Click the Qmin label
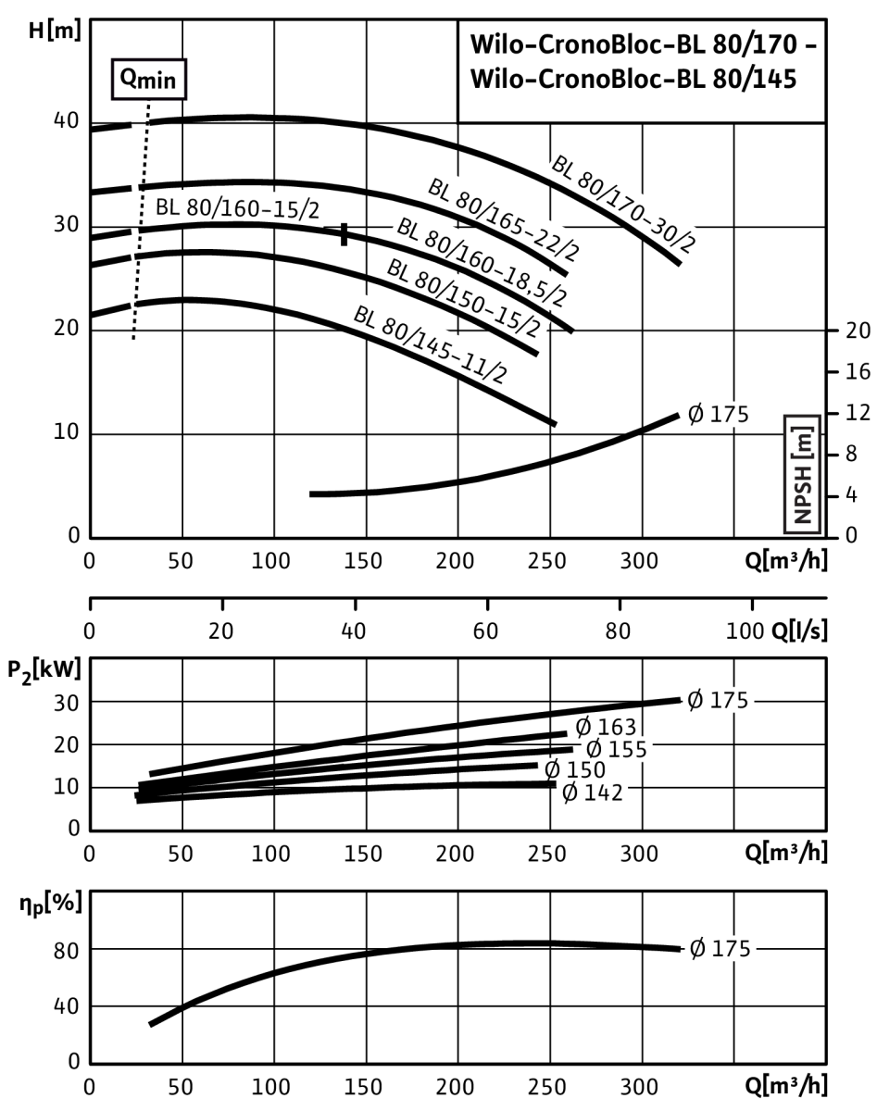point(148,81)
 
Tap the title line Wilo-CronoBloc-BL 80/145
point(633,80)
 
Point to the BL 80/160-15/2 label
point(237,209)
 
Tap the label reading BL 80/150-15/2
point(466,297)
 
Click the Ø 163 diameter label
point(607,727)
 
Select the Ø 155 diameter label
point(617,749)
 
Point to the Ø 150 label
point(574,770)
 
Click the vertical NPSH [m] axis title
point(802,474)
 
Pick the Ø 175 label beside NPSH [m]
point(717,415)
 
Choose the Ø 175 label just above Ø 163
point(717,700)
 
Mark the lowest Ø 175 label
point(720,949)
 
